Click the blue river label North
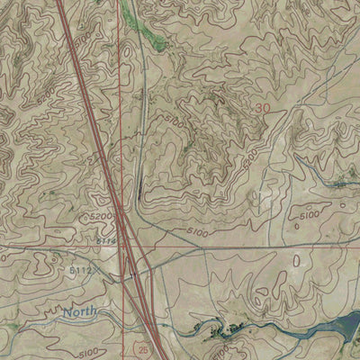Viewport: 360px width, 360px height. pos(80,313)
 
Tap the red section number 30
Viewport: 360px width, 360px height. pos(262,107)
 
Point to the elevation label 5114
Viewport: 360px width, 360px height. pos(105,240)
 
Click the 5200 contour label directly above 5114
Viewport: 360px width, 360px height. pos(101,219)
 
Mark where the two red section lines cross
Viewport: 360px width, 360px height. pos(120,244)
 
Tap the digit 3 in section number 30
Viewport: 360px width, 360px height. pos(257,107)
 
